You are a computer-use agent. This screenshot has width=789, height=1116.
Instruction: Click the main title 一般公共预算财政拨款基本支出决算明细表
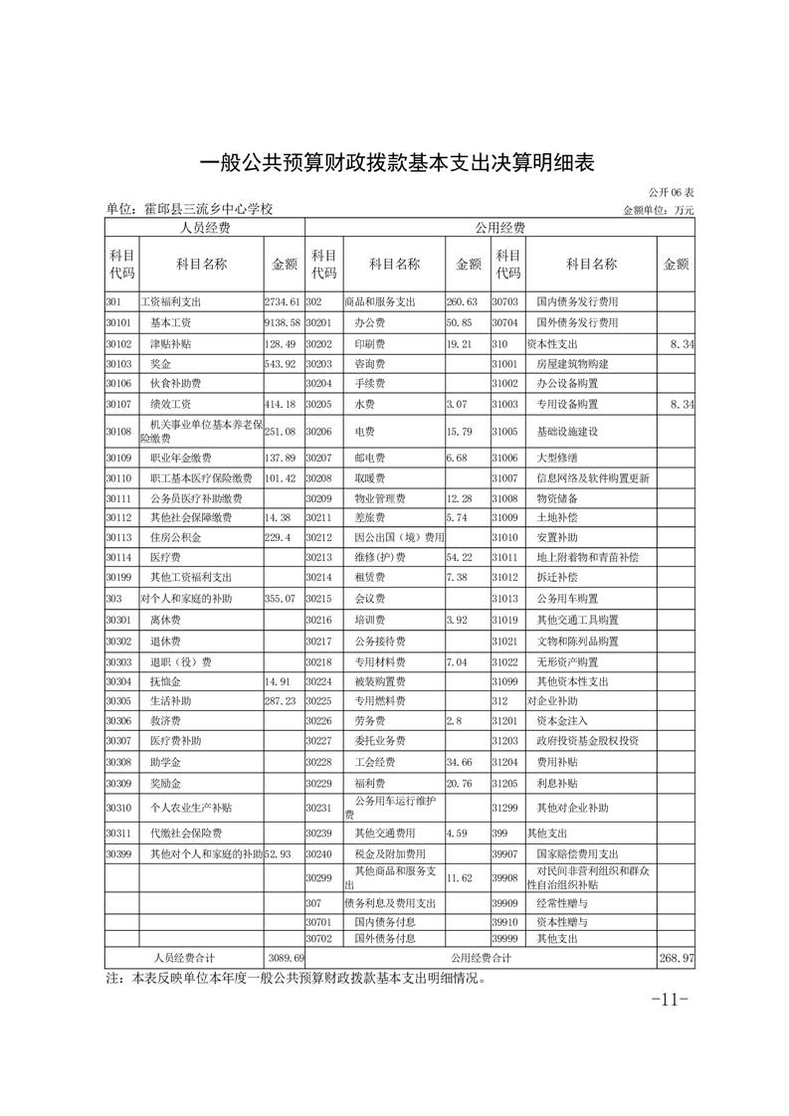[x=397, y=162]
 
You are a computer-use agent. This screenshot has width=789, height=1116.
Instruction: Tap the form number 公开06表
[x=672, y=191]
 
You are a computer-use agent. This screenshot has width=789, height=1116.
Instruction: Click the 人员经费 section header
[x=204, y=228]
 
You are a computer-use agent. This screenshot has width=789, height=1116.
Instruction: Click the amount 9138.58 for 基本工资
[x=283, y=322]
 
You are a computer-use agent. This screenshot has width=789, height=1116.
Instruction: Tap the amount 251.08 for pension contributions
[x=283, y=432]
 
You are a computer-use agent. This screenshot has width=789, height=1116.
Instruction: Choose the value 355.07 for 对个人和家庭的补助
[x=282, y=599]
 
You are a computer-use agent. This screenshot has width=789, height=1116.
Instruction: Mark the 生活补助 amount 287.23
[x=282, y=700]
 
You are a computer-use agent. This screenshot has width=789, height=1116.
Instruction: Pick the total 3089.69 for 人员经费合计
[x=285, y=957]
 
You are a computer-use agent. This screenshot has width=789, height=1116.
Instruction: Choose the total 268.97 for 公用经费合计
[x=677, y=957]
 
